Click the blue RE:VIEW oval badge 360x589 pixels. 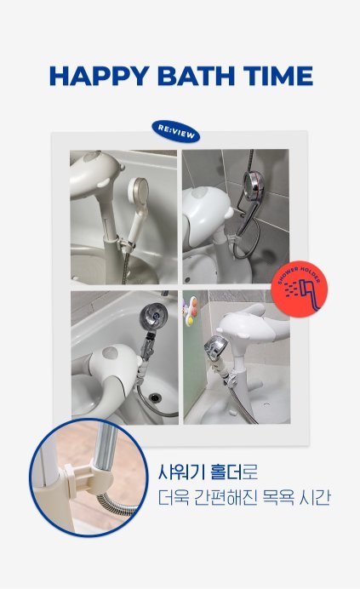(x=176, y=131)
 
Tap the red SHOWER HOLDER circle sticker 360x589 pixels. (x=299, y=289)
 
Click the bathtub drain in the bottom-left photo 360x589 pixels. (x=154, y=397)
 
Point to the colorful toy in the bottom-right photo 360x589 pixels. (x=190, y=311)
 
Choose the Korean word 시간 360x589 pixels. (x=315, y=498)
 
